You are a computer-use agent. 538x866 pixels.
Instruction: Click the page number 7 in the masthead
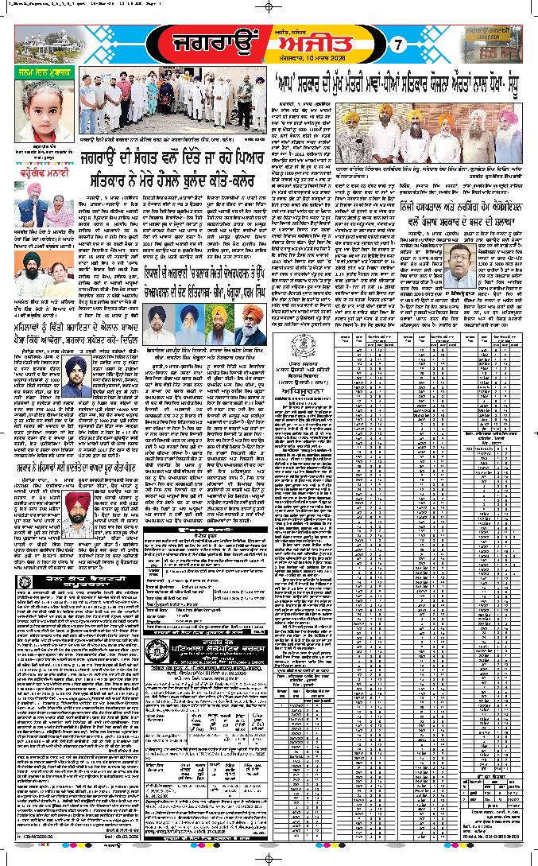(x=401, y=45)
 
